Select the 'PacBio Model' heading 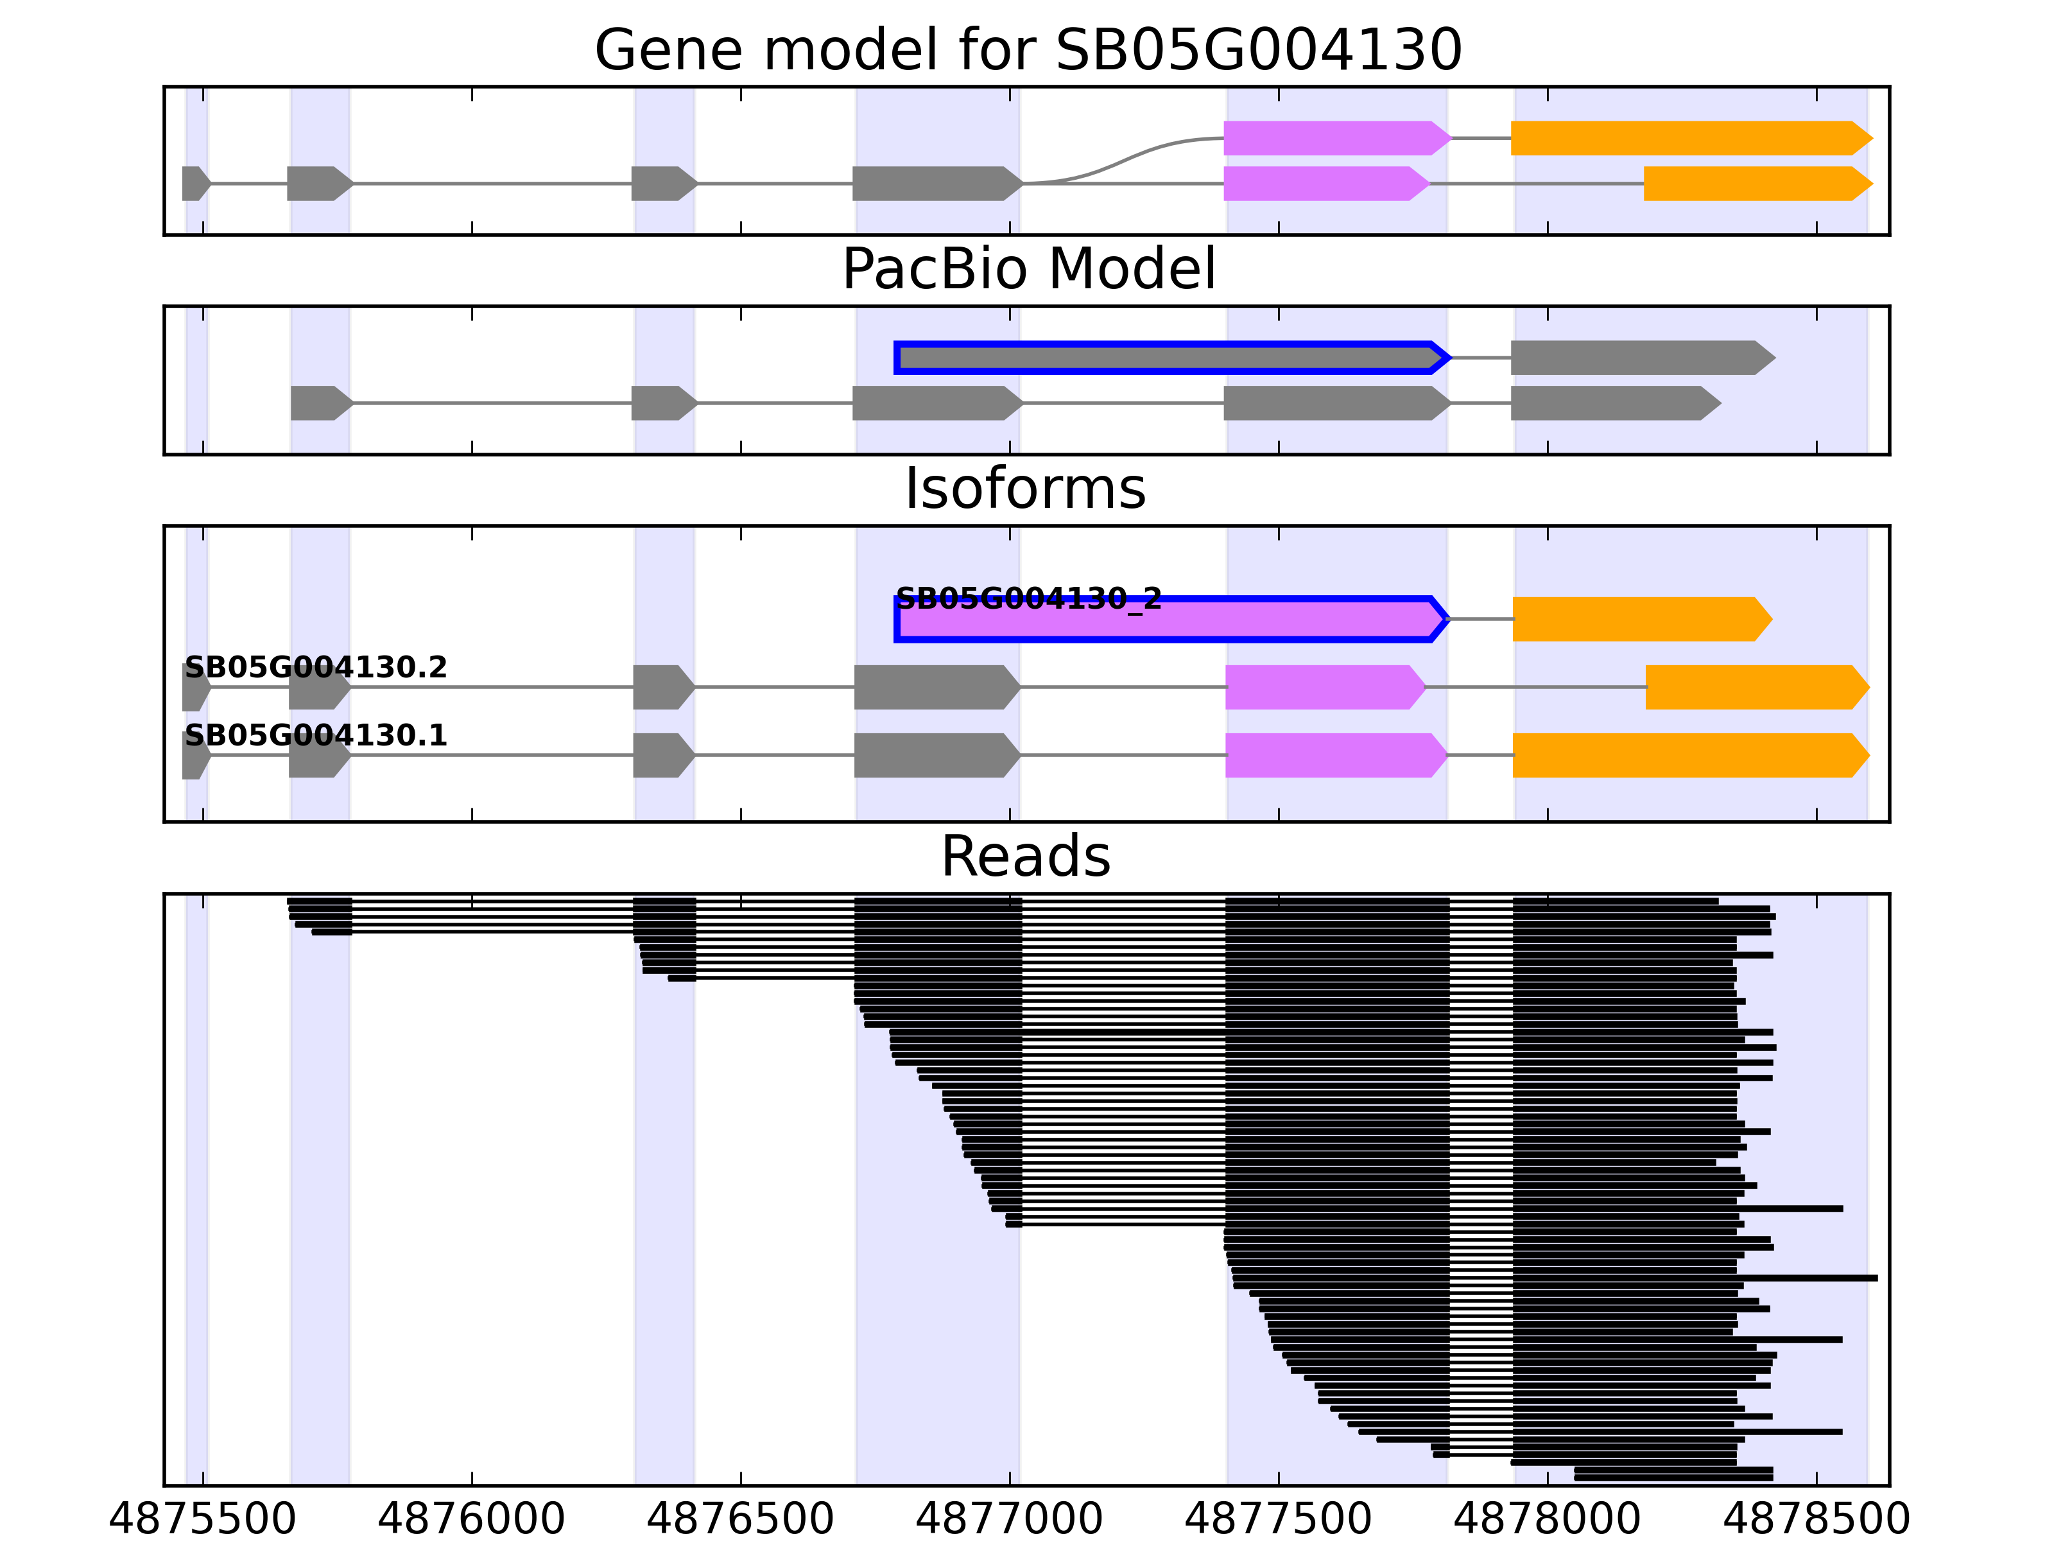coord(1028,270)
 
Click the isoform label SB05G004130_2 coord(1028,599)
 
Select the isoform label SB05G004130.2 coord(316,667)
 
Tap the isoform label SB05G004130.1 coord(316,736)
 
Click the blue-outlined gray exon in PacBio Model coord(1170,358)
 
